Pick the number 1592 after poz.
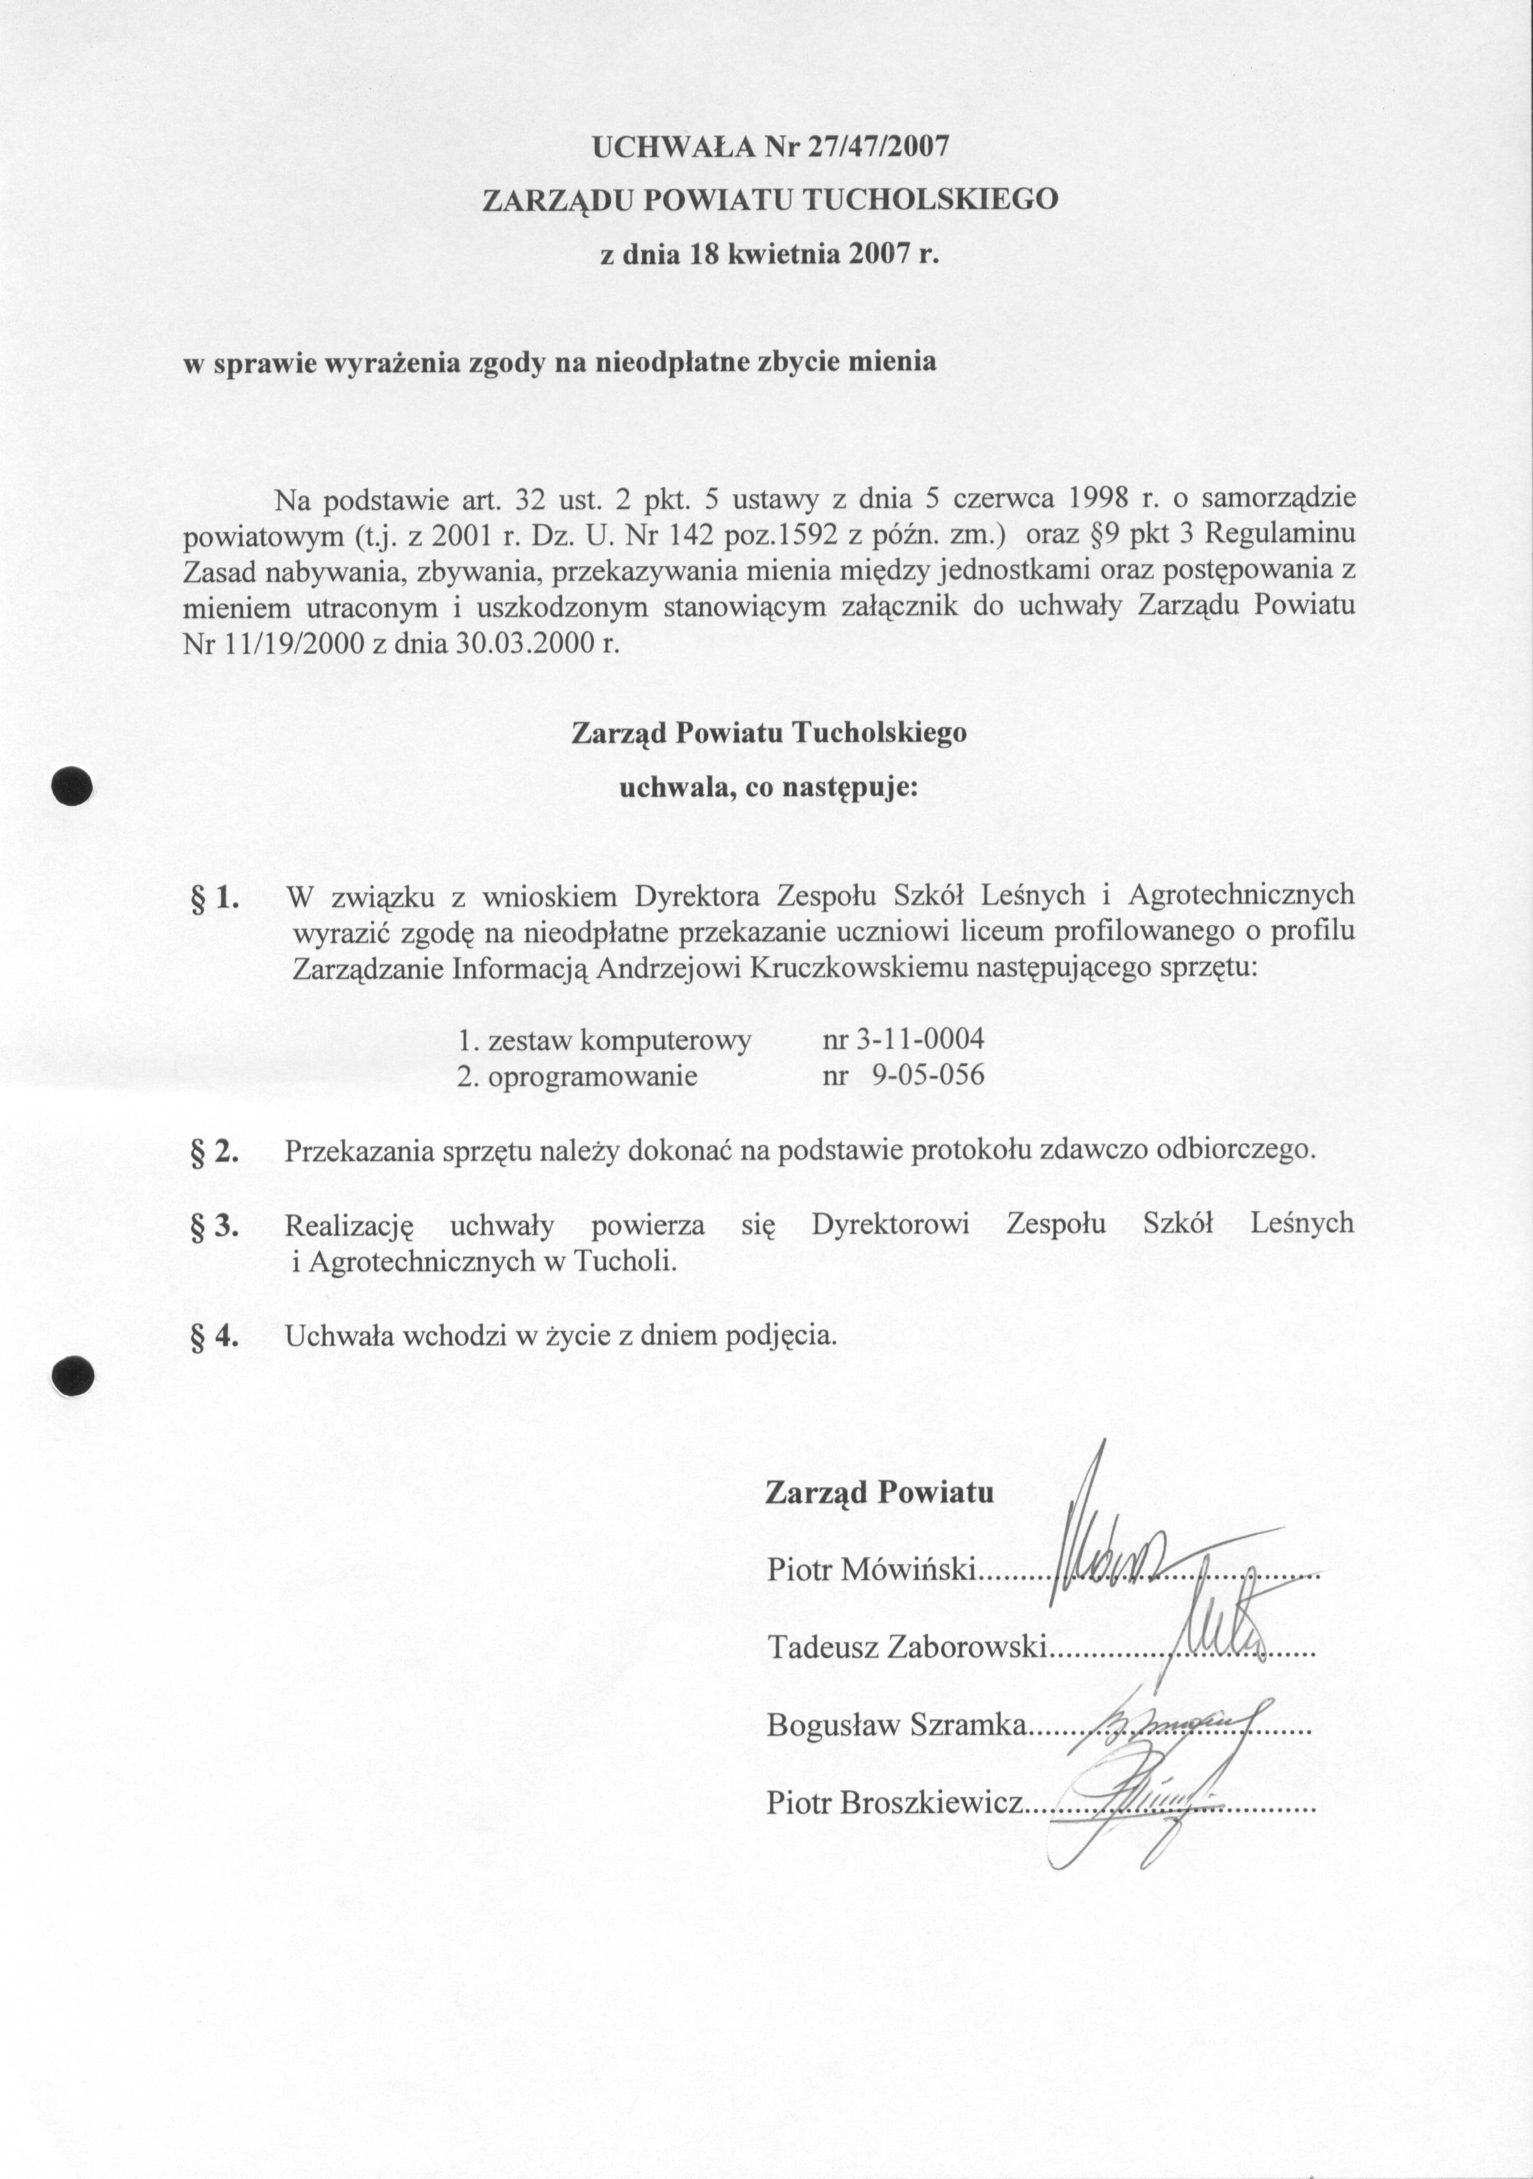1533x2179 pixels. [x=804, y=534]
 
